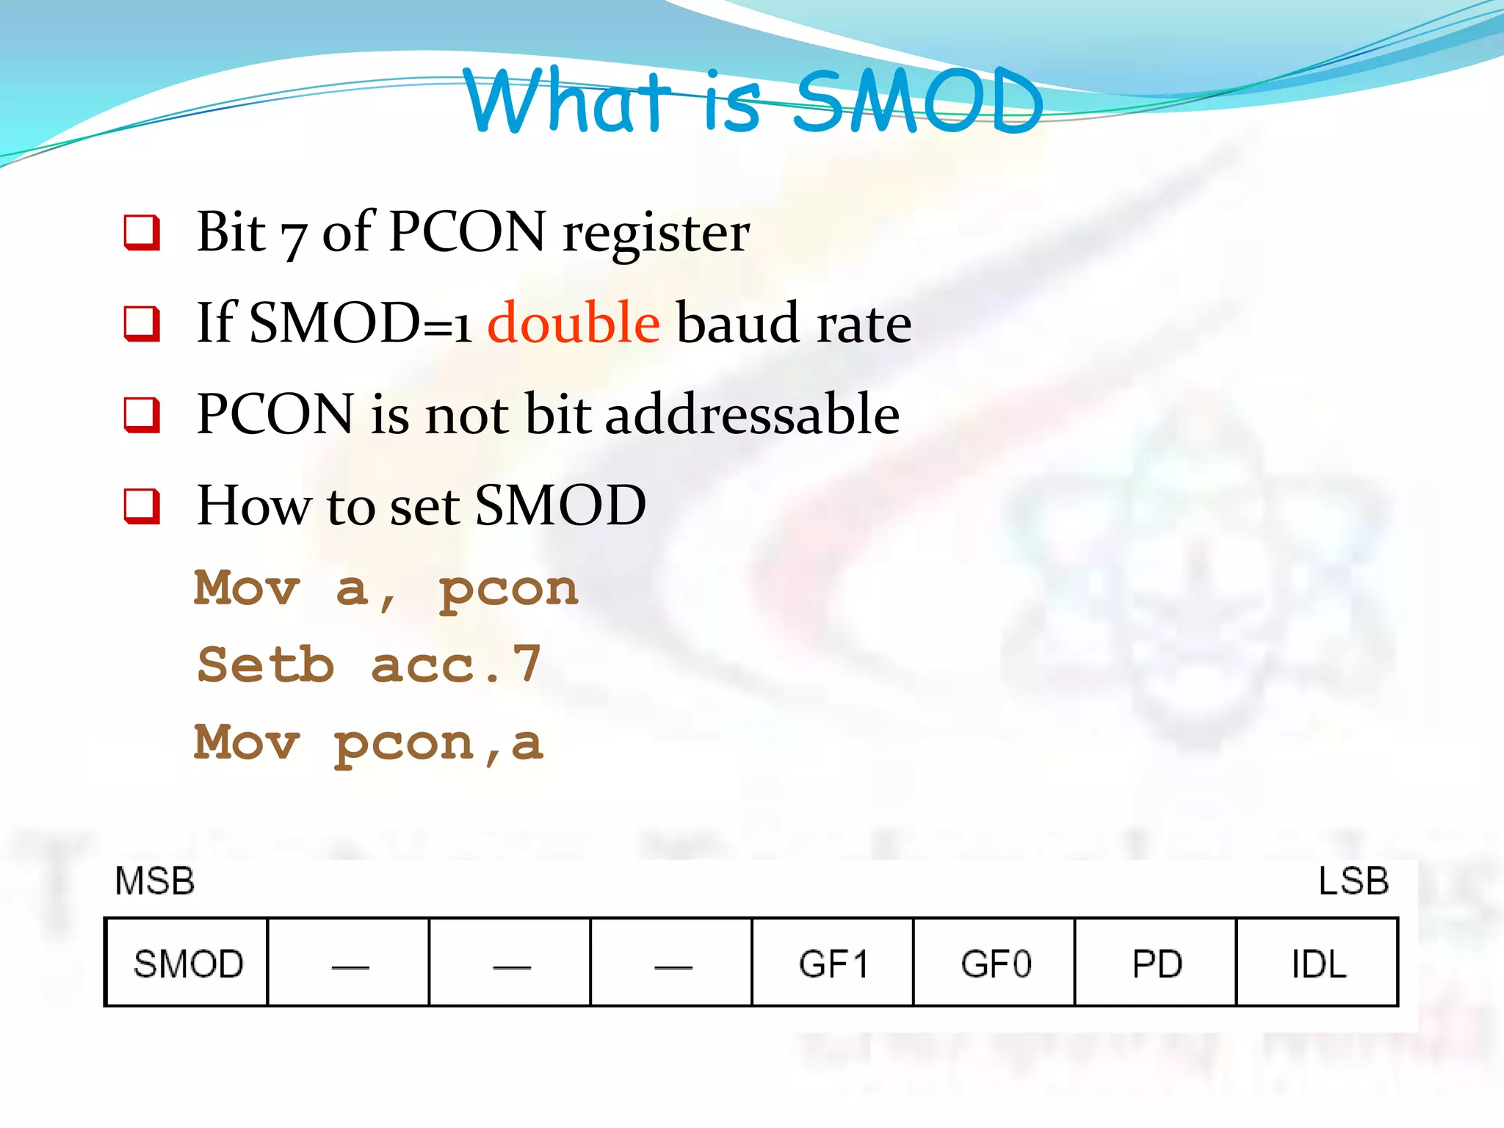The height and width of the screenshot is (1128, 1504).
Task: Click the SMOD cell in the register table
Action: click(x=187, y=963)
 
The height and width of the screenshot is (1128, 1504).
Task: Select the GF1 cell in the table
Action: click(x=833, y=963)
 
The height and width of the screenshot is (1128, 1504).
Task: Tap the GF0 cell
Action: click(x=995, y=963)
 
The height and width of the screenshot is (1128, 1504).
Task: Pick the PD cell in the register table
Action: click(x=1157, y=963)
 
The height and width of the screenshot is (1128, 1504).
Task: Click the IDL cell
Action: click(x=1318, y=963)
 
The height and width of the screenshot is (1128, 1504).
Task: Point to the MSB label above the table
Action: click(x=154, y=881)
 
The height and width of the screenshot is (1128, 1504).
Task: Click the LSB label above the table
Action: click(x=1353, y=881)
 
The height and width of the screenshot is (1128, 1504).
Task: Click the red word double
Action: click(x=574, y=322)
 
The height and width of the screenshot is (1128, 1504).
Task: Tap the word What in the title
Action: click(x=565, y=101)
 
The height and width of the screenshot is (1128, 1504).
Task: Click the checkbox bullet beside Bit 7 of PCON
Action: click(x=142, y=232)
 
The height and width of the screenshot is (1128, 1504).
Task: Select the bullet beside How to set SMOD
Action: click(x=142, y=507)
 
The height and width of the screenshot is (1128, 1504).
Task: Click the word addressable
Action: click(x=752, y=414)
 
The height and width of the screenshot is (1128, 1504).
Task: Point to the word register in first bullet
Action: click(x=656, y=234)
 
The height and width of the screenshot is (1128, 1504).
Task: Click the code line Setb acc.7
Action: click(x=369, y=665)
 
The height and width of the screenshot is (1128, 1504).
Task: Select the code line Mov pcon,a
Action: click(x=369, y=742)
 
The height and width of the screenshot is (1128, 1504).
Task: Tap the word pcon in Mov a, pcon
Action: click(x=508, y=590)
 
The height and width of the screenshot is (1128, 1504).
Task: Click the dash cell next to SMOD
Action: click(x=350, y=963)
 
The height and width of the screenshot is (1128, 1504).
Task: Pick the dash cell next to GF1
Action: click(x=672, y=963)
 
